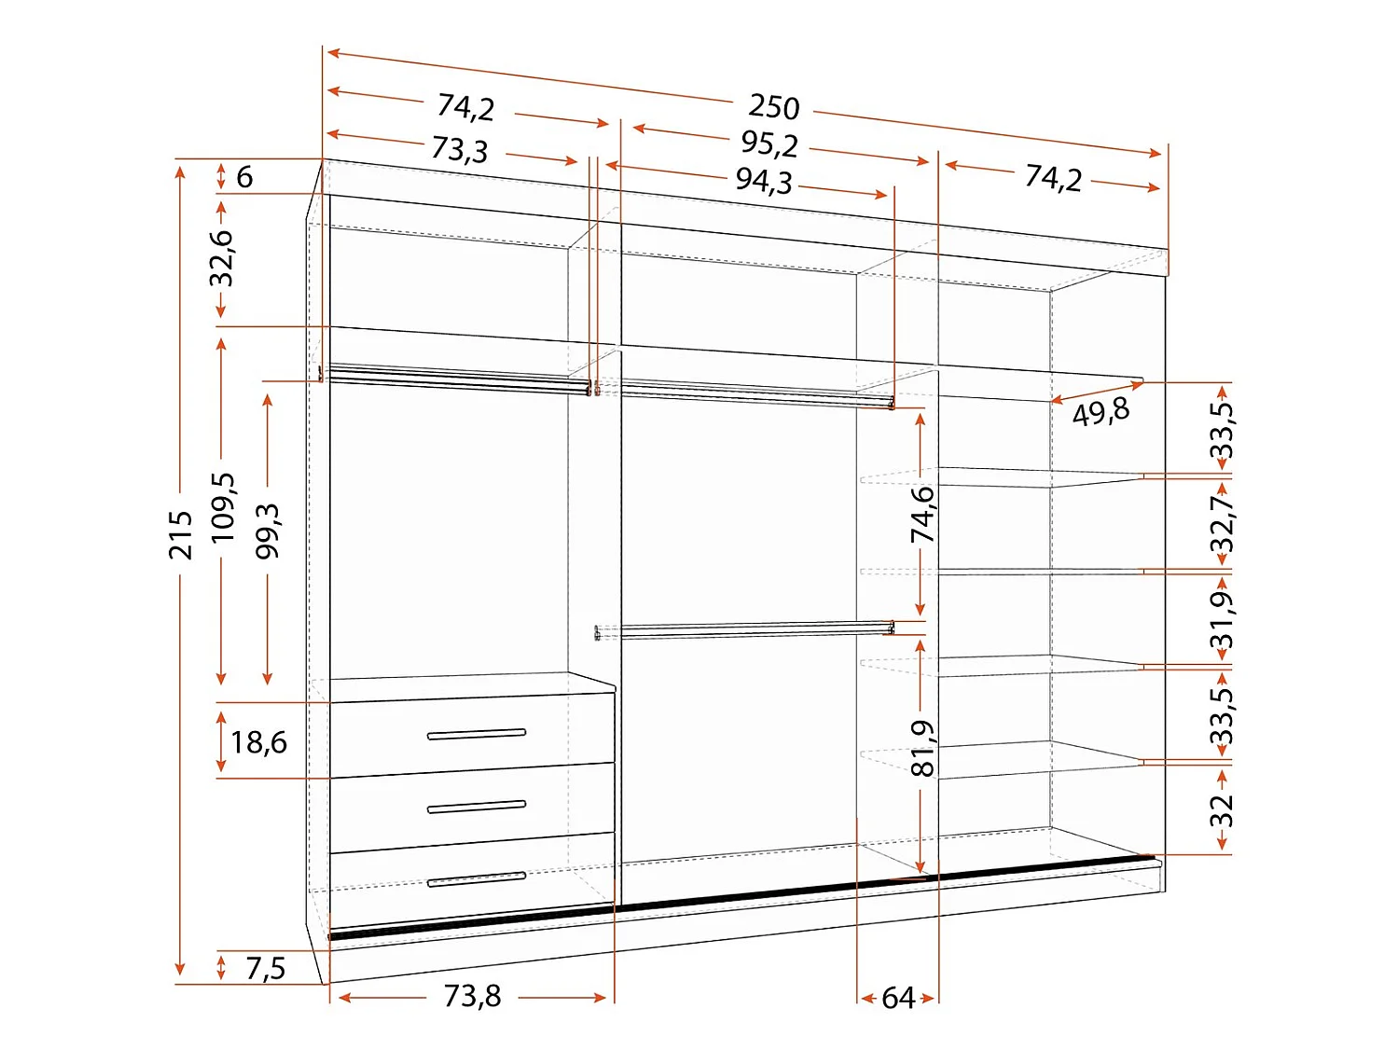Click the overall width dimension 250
coord(773,106)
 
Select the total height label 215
coord(181,535)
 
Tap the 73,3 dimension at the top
coord(460,149)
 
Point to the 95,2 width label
coord(769,144)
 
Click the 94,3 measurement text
coord(764,181)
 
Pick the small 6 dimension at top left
coord(244,176)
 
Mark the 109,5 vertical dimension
coord(223,507)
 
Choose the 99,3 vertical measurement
coord(268,531)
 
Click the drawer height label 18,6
coord(258,742)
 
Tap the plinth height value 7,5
coord(266,969)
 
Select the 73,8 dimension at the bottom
coord(472,996)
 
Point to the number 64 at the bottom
coord(898,998)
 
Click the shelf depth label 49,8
coord(1101,412)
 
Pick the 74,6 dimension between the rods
coord(922,514)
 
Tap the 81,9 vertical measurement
coord(922,749)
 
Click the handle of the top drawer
coord(476,735)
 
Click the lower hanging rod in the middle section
coord(744,630)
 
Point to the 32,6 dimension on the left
coord(222,258)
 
